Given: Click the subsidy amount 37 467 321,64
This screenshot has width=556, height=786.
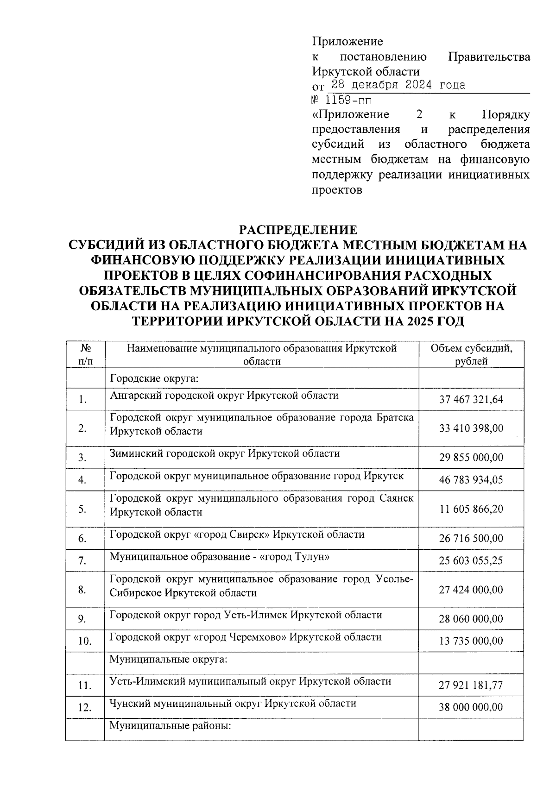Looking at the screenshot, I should [471, 399].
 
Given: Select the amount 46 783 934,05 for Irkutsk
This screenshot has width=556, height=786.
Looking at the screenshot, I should [471, 480].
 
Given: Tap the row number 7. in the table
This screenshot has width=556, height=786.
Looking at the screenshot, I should [82, 561].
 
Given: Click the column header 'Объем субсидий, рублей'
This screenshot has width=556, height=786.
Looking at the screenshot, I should [471, 355].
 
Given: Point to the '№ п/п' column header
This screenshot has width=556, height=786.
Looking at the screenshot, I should [84, 355].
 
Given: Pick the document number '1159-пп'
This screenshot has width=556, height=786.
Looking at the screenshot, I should [348, 100].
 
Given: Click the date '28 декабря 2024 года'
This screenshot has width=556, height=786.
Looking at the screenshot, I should [398, 86].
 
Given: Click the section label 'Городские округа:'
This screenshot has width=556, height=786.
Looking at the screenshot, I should [154, 378].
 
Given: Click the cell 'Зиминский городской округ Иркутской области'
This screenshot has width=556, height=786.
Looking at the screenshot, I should [225, 453].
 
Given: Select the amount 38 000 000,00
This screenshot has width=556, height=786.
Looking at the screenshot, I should [471, 707].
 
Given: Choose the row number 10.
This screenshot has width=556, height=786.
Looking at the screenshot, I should [84, 641].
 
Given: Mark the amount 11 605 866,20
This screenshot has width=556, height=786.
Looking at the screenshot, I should [471, 509].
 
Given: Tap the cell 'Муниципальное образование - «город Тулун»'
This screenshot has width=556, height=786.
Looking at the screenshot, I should [220, 557].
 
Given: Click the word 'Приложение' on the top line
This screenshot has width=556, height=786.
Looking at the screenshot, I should [347, 42].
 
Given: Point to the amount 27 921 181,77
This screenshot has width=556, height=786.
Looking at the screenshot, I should [471, 685].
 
